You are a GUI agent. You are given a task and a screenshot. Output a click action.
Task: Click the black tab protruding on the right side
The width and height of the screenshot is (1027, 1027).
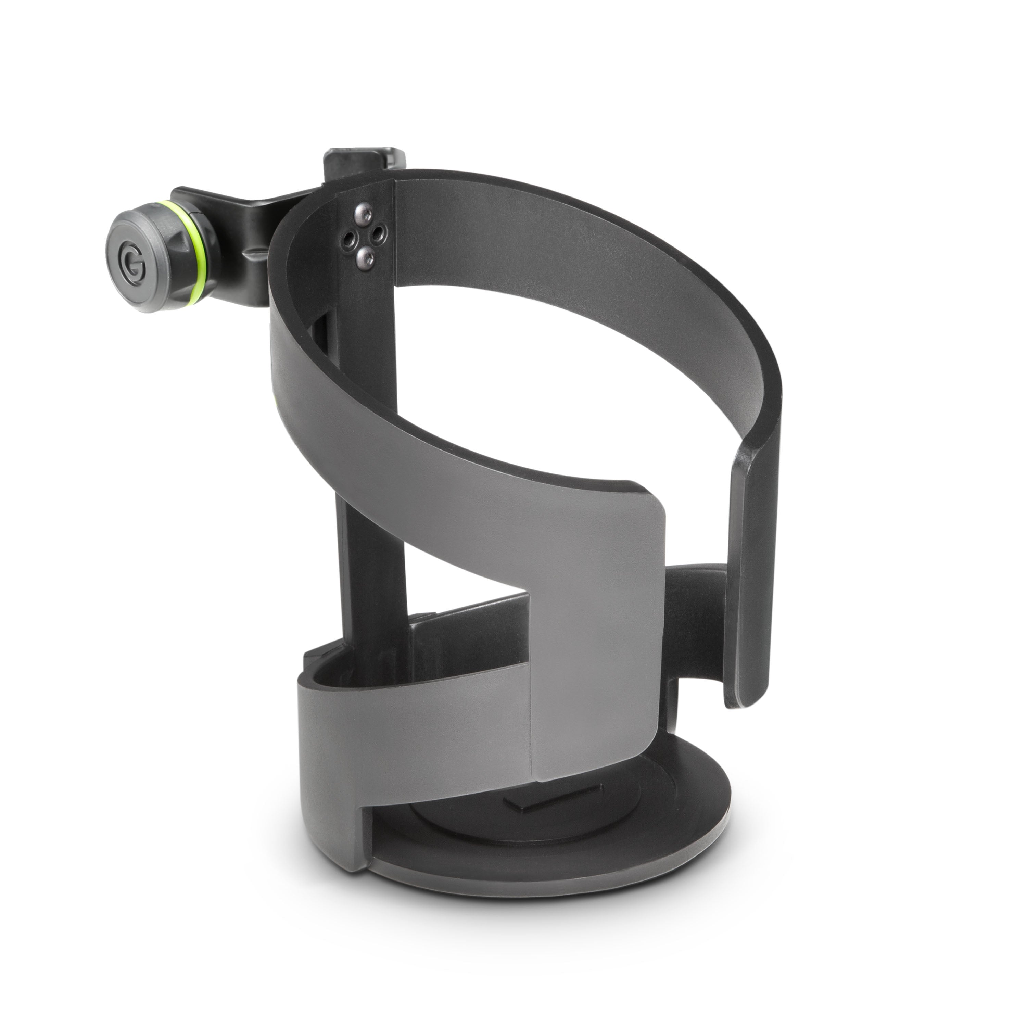tap(696, 601)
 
